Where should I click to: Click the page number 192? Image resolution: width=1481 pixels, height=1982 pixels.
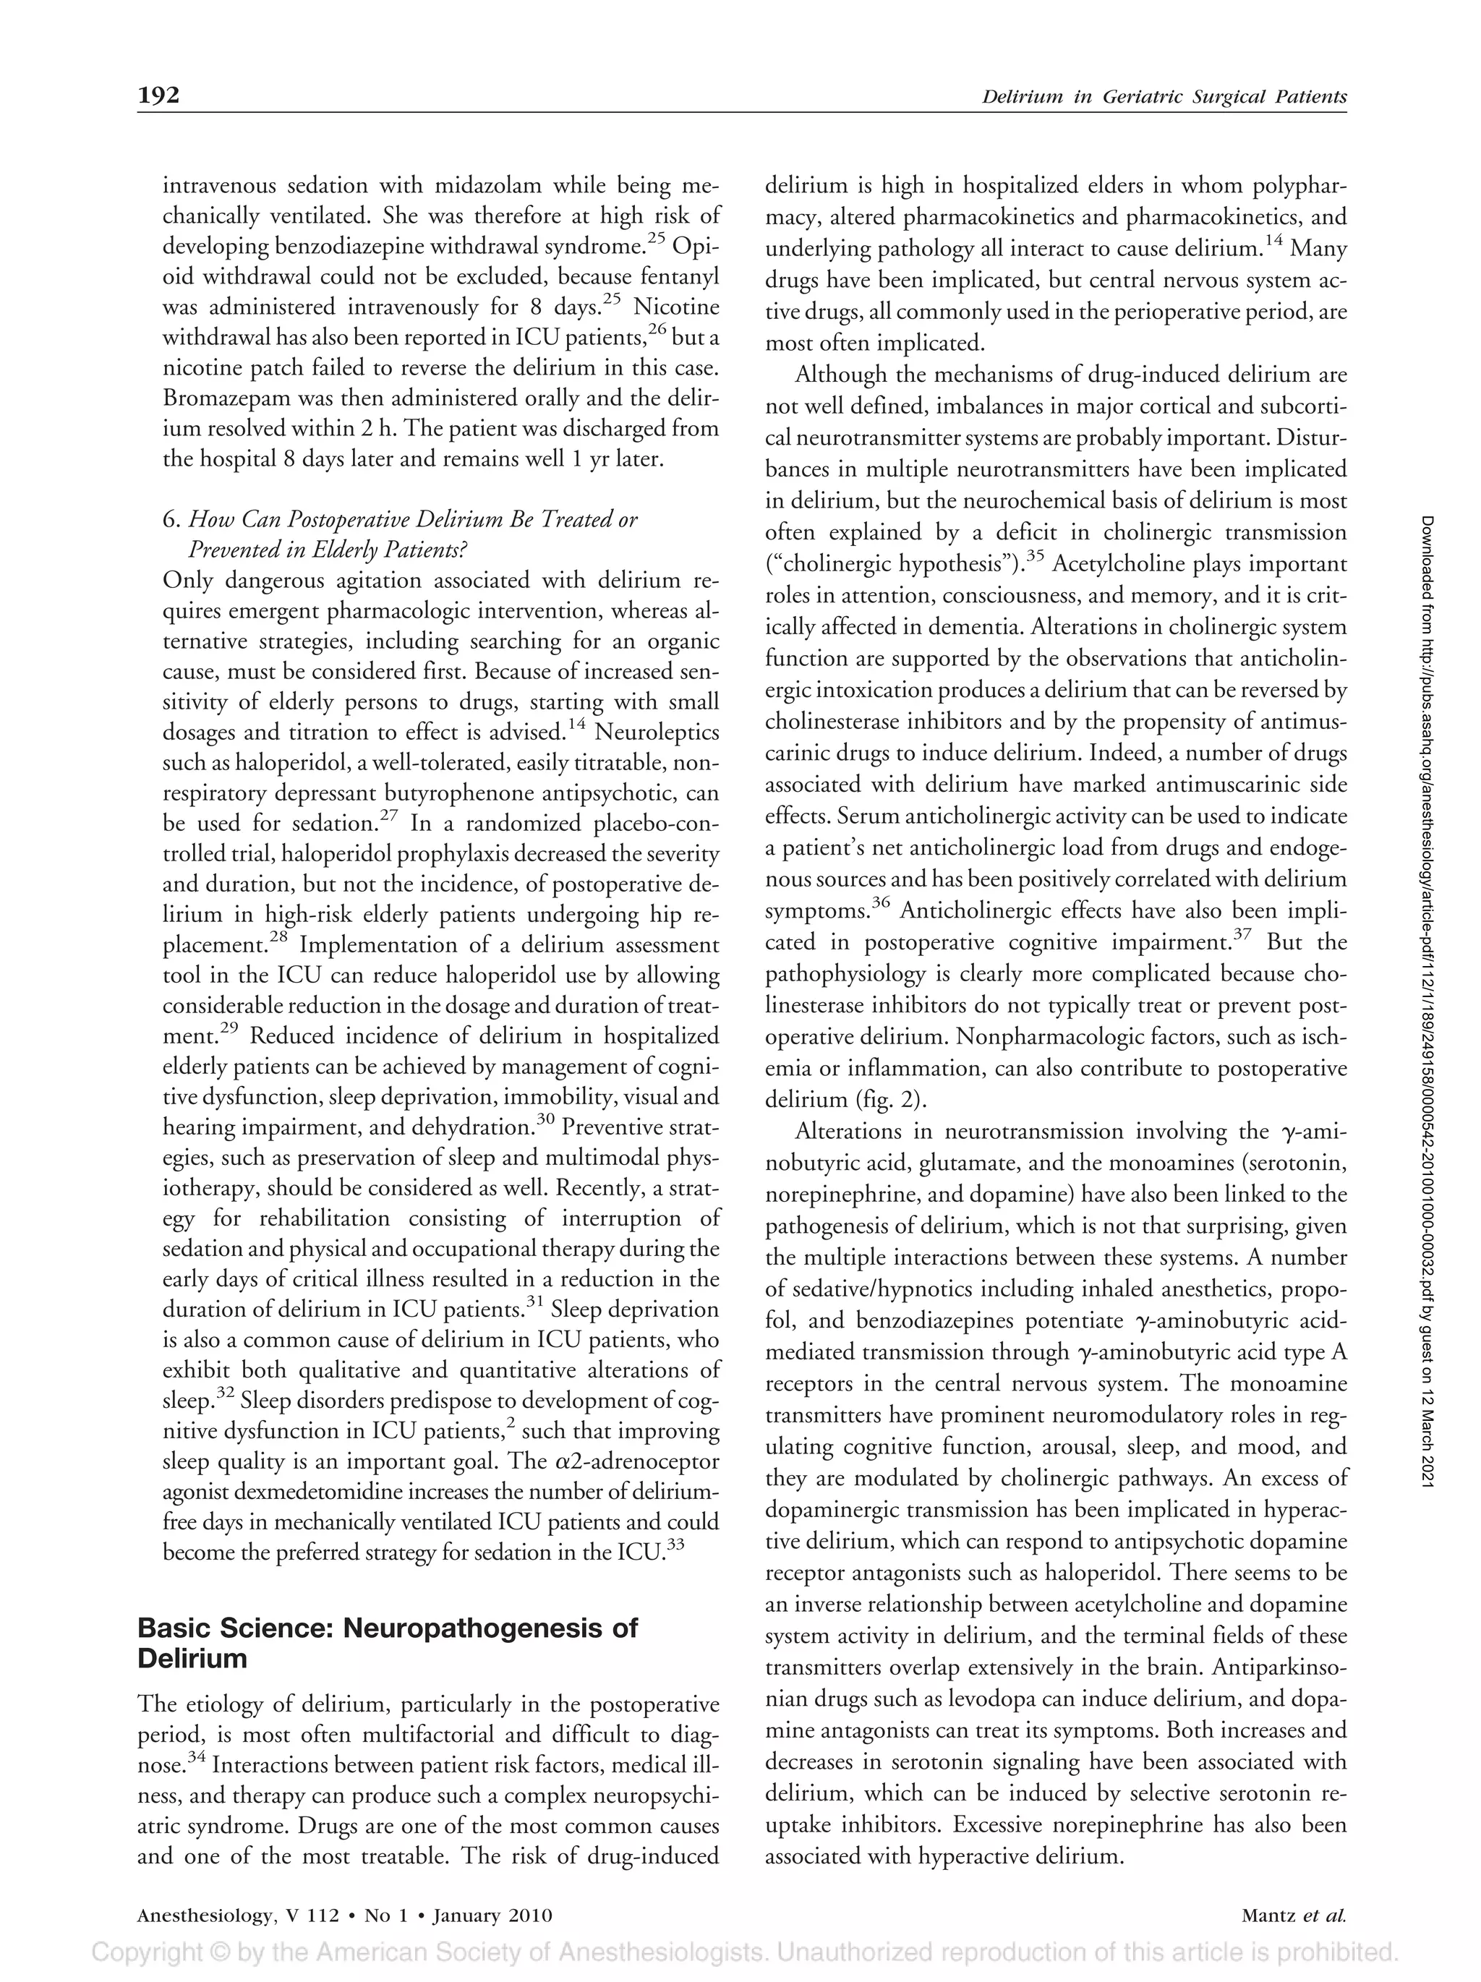click(158, 95)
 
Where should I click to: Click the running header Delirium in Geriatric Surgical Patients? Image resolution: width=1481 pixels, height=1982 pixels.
click(1164, 97)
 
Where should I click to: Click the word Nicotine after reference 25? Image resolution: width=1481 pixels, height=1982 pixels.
click(675, 307)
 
